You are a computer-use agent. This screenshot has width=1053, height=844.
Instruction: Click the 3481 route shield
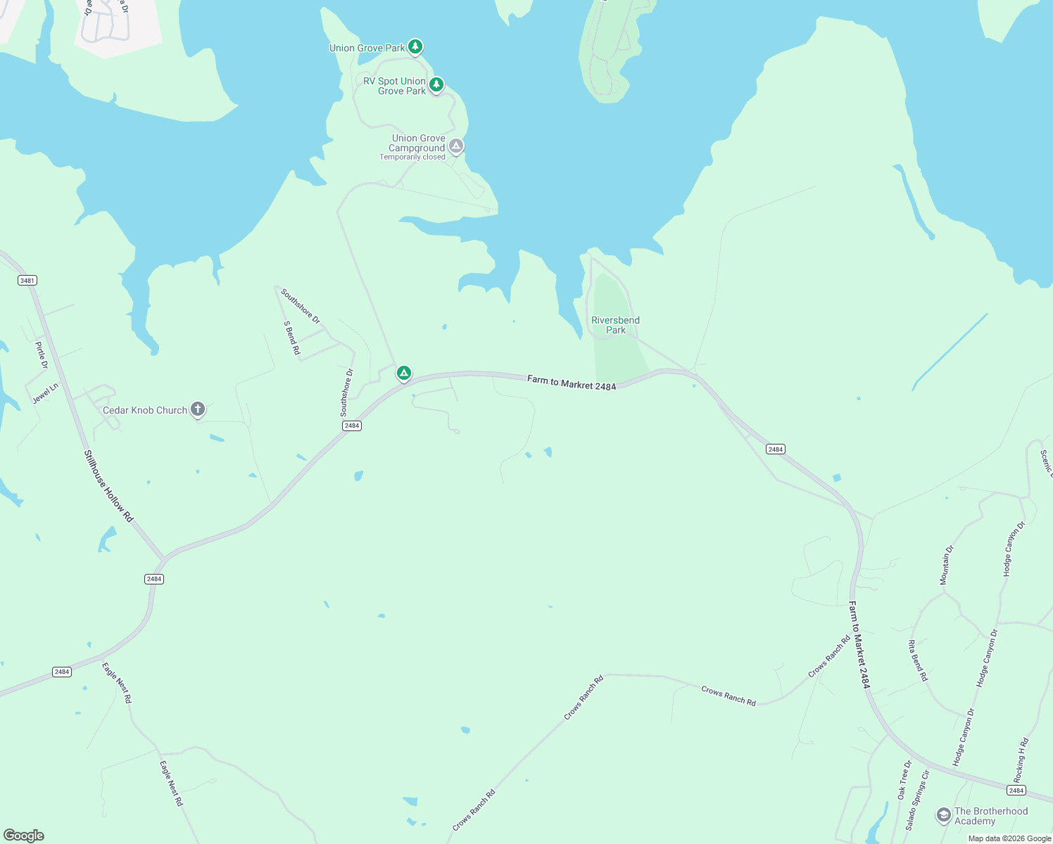27,281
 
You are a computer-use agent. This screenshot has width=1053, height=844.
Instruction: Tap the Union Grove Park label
367,49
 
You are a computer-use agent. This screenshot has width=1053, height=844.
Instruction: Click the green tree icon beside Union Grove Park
415,47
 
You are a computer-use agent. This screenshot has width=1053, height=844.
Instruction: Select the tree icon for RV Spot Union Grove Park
436,85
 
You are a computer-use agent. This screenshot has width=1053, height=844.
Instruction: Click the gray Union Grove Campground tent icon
456,146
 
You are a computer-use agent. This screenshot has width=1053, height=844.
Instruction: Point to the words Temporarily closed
412,158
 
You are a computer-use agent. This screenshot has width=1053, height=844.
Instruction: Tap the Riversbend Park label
615,325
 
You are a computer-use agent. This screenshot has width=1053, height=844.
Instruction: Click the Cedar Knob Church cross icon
198,409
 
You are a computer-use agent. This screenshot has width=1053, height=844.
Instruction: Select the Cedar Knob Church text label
145,411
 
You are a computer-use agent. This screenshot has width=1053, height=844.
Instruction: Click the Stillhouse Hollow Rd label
108,486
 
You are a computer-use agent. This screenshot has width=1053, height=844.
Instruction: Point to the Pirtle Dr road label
42,355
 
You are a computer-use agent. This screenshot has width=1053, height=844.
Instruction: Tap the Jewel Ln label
46,393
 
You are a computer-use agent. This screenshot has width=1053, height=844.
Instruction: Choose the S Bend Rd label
291,338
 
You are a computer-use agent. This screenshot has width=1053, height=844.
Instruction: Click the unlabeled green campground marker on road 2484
403,373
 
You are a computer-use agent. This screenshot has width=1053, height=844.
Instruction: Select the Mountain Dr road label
946,565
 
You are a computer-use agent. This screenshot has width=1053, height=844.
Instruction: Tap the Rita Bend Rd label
918,660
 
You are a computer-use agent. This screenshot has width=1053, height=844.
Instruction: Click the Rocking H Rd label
1021,760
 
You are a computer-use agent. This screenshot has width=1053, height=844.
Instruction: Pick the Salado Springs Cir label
918,800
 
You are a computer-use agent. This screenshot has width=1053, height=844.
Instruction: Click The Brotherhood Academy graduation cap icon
943,815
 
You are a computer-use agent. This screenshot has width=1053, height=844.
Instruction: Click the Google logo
24,836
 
